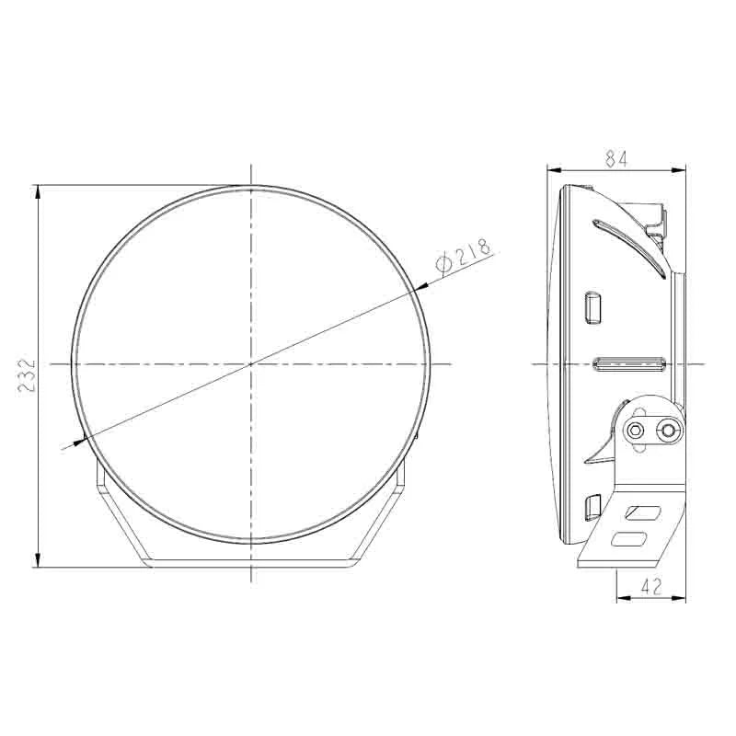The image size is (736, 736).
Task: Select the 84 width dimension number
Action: coord(615,158)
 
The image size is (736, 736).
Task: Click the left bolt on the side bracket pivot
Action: coord(635,430)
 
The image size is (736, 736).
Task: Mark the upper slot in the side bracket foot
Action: coord(644,512)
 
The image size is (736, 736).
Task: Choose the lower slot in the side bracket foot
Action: coord(637,540)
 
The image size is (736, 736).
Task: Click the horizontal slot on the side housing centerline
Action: coord(629,365)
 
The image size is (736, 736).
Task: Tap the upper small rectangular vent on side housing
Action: coord(592,307)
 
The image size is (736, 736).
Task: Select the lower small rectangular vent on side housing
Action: coord(592,509)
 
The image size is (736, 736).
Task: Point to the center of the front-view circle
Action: coord(250,364)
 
